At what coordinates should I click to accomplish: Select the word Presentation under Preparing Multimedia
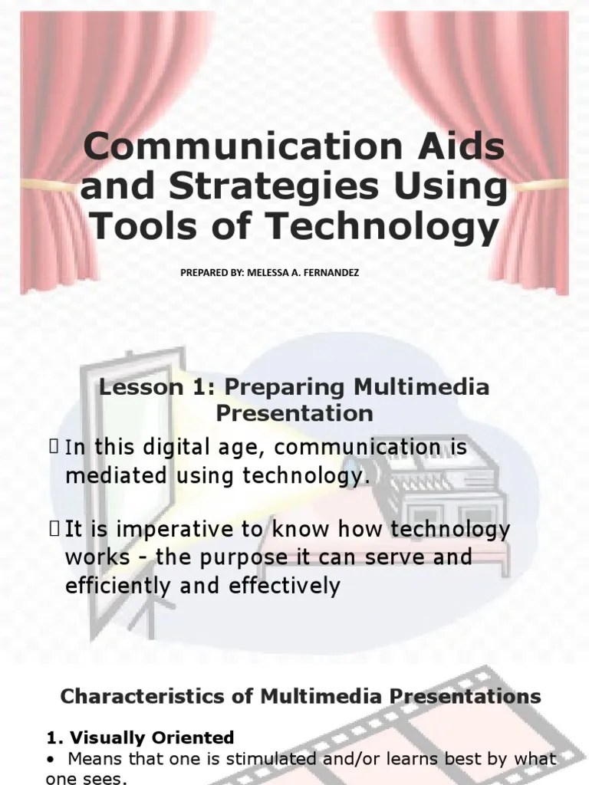tap(294, 414)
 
